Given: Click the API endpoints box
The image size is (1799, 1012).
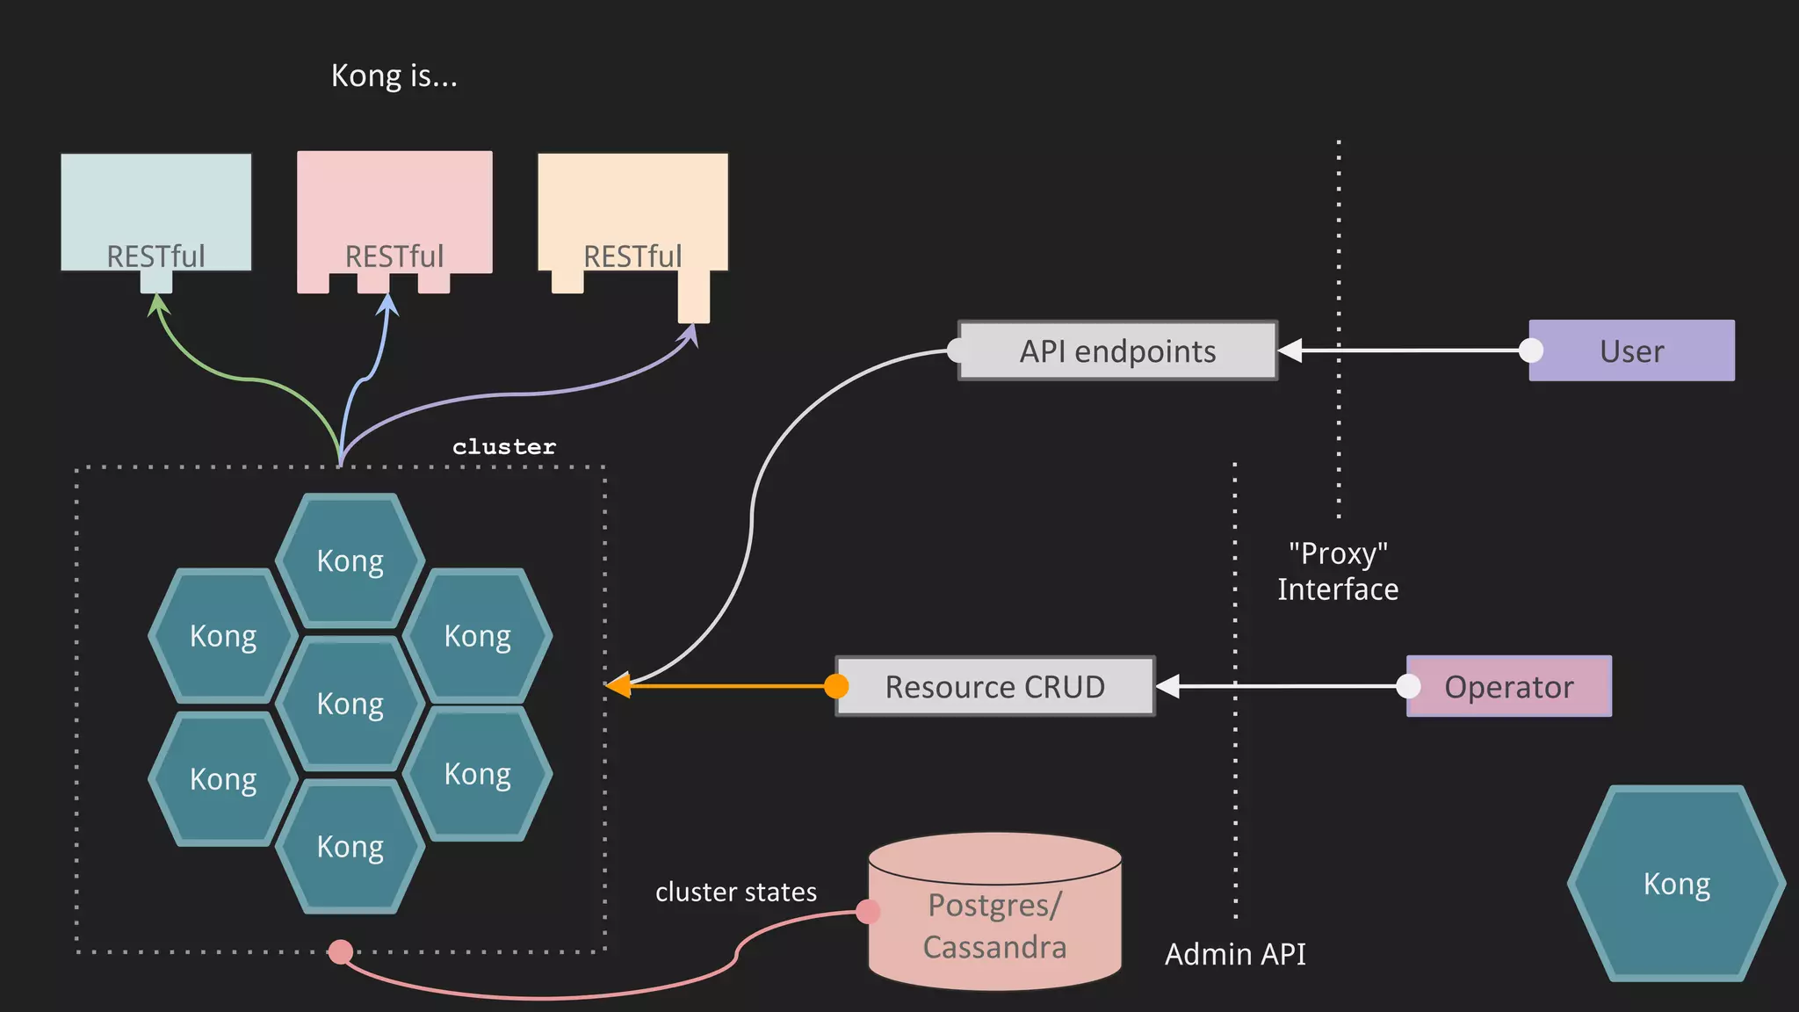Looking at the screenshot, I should pyautogui.click(x=1117, y=351).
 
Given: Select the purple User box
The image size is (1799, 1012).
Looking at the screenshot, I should pyautogui.click(x=1632, y=351).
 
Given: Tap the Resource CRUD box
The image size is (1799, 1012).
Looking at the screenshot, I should pyautogui.click(x=994, y=686).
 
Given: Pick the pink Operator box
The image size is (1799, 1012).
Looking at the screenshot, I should pyautogui.click(x=1509, y=686).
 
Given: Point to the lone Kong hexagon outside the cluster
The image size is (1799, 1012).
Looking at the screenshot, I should pyautogui.click(x=1676, y=883).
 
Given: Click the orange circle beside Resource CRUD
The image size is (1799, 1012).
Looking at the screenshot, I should pyautogui.click(x=836, y=686).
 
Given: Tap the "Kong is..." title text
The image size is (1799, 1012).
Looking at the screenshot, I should pyautogui.click(x=394, y=76).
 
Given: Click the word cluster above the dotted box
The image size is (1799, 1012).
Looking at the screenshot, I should pyautogui.click(x=504, y=446).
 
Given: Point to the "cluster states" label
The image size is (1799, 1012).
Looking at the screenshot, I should pyautogui.click(x=735, y=892).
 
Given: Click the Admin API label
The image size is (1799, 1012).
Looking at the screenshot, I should pyautogui.click(x=1235, y=953).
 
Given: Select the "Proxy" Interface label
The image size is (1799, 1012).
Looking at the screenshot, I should pyautogui.click(x=1338, y=571).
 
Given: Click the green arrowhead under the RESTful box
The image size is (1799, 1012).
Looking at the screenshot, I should pyautogui.click(x=157, y=304).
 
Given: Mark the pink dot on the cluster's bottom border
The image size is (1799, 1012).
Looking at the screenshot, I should pyautogui.click(x=341, y=951).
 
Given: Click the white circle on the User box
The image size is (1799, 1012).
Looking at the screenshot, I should pyautogui.click(x=1531, y=351).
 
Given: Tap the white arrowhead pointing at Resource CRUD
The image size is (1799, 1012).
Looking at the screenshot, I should pyautogui.click(x=1168, y=686).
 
